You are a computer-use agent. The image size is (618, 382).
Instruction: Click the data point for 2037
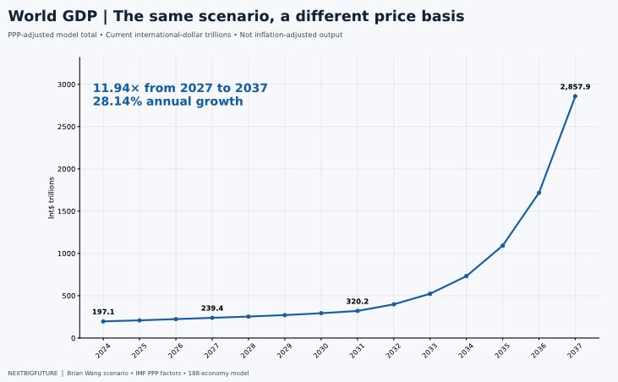click(575, 96)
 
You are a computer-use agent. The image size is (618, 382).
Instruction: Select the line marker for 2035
click(502, 246)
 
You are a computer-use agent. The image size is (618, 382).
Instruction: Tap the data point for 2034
click(467, 276)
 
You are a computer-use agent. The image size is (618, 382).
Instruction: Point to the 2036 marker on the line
click(539, 193)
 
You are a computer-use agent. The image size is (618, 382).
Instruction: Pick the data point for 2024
click(103, 321)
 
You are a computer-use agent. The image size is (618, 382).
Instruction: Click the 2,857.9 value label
click(575, 87)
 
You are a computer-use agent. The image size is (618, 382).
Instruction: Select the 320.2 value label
click(358, 301)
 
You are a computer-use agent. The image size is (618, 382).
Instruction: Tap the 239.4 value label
click(212, 308)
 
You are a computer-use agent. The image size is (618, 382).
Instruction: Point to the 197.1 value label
click(103, 312)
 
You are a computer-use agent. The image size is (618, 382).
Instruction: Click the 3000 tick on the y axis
click(66, 85)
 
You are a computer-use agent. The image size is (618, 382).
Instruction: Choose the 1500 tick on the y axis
click(66, 211)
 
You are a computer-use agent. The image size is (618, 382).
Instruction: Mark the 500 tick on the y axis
click(68, 296)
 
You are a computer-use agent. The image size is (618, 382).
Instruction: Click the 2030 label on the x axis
click(320, 351)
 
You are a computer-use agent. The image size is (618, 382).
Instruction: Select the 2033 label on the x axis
click(429, 351)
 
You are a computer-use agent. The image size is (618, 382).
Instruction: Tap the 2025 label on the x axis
click(139, 351)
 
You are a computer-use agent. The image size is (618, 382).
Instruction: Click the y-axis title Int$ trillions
click(52, 198)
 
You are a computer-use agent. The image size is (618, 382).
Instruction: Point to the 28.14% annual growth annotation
click(168, 101)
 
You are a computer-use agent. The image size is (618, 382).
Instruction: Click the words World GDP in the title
click(52, 16)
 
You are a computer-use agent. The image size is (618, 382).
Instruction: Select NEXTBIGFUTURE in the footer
click(33, 373)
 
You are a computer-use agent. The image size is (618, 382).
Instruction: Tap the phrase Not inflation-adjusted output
click(291, 35)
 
